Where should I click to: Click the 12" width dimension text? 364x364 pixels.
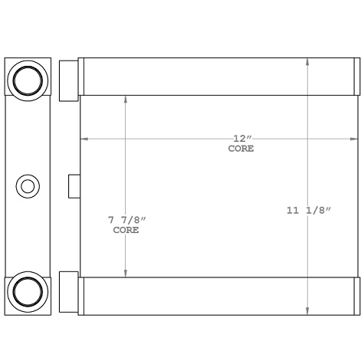point(242,139)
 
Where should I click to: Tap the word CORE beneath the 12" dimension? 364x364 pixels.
point(241,149)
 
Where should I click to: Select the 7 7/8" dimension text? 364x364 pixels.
point(126,221)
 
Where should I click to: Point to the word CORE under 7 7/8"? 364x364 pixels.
point(126,230)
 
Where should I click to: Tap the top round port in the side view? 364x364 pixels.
point(28,80)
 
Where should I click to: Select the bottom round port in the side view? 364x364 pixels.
point(28,291)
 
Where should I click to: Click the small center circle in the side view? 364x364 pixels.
point(28,185)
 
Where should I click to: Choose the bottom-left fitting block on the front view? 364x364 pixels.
point(69,292)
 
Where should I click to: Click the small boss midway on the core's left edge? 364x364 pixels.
point(74,186)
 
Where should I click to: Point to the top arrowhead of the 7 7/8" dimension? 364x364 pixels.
point(126,99)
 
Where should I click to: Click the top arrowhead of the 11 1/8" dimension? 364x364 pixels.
point(308,62)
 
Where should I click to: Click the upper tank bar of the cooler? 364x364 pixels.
point(218,77)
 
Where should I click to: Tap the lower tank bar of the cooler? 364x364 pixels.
point(218,295)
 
